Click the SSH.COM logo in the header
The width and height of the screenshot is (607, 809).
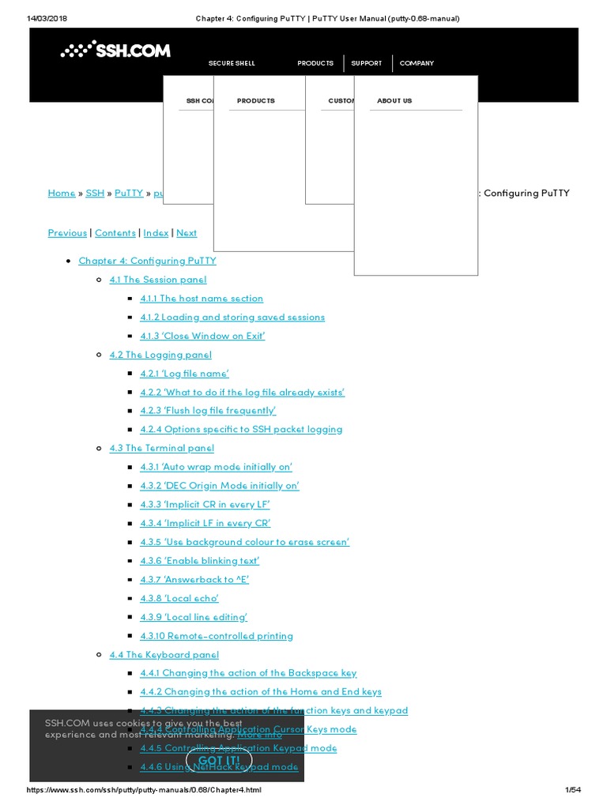coord(115,51)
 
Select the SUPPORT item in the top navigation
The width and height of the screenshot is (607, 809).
coord(366,63)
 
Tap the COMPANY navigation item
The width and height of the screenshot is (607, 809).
coord(417,63)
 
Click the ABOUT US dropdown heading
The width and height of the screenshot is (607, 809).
coord(394,101)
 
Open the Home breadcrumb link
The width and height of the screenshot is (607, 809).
coord(62,194)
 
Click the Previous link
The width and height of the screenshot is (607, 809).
coord(67,233)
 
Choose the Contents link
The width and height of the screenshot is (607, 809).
coord(115,233)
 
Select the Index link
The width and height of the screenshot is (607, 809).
coord(156,233)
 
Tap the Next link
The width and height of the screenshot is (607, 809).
coord(187,233)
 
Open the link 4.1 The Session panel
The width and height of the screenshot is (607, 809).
coord(158,280)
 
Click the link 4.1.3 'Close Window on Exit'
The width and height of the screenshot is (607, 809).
coord(202,336)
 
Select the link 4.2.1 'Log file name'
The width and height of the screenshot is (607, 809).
coord(184,374)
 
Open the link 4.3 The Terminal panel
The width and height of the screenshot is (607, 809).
coord(161,448)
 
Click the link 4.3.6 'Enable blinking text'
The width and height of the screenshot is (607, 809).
coord(200,561)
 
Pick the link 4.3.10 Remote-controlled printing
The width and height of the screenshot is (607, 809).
coord(217,636)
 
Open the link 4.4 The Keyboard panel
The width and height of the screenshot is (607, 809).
coord(164,655)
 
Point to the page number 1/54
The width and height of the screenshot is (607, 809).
coord(573,791)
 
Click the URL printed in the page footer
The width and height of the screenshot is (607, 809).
coord(144,791)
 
